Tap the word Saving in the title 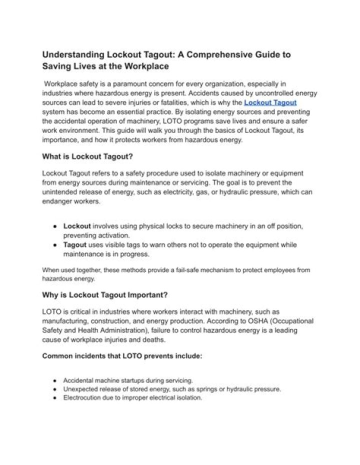pyautogui.click(x=57, y=66)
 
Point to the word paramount pyautogui.click(x=133, y=83)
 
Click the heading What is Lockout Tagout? pyautogui.click(x=87, y=156)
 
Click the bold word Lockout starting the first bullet pyautogui.click(x=77, y=226)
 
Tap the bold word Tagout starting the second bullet pyautogui.click(x=75, y=244)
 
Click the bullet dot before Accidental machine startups pyautogui.click(x=54, y=380)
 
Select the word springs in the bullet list pyautogui.click(x=209, y=389)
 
